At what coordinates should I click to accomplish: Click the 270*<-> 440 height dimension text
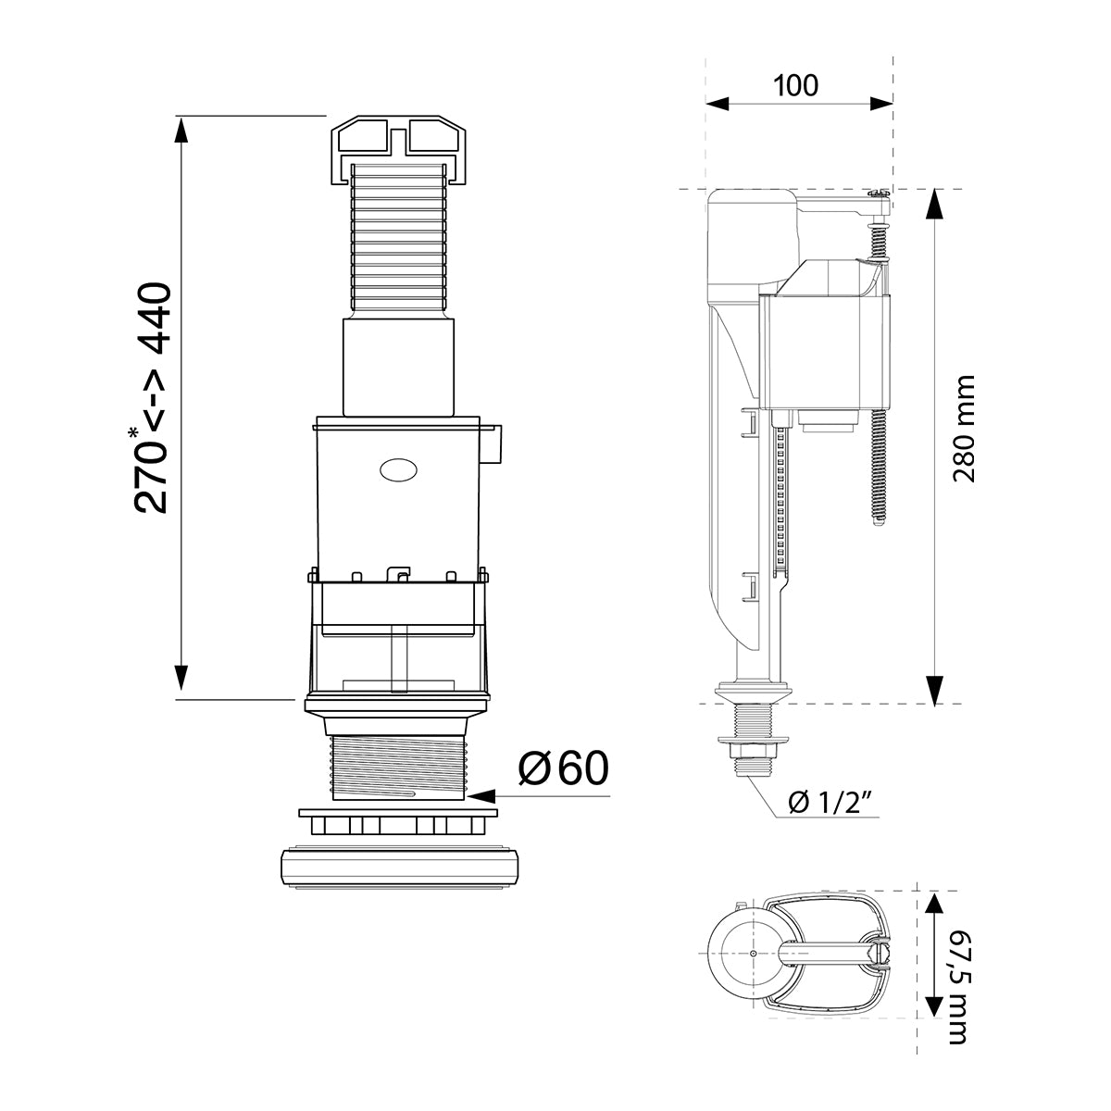(x=151, y=398)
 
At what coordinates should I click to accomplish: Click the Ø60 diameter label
(x=563, y=769)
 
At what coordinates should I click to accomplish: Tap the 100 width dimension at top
(x=796, y=85)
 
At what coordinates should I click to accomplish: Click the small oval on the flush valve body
(x=398, y=469)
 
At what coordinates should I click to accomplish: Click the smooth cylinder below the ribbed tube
(x=399, y=365)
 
